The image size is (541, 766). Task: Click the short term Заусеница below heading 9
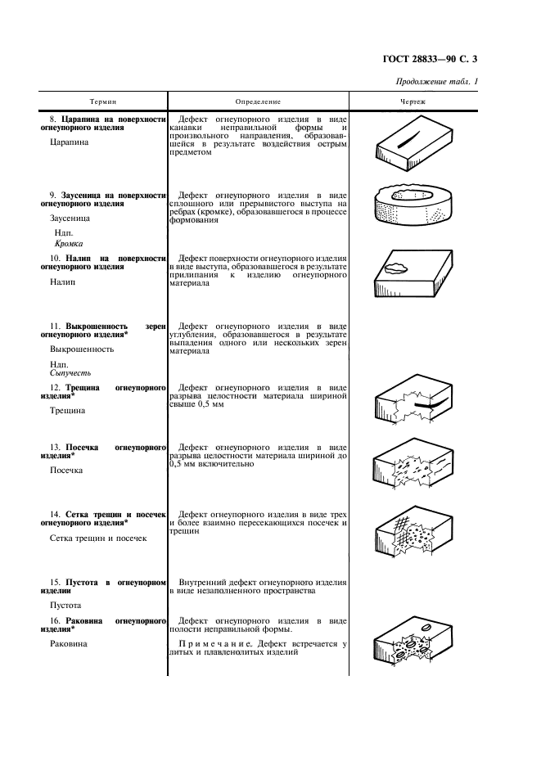click(70, 219)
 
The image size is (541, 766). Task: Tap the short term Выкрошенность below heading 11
click(81, 349)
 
